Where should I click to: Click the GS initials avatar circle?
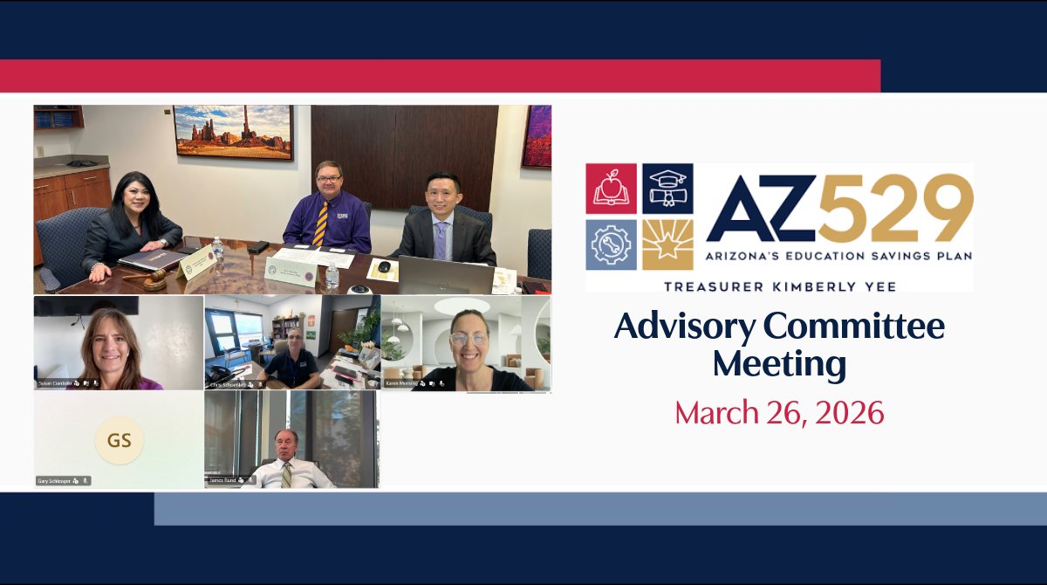tap(120, 440)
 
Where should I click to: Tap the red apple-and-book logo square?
tap(611, 189)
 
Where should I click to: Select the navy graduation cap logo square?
tap(667, 189)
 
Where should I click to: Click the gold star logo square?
tap(667, 244)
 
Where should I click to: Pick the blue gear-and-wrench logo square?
tap(611, 244)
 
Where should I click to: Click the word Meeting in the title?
tap(779, 363)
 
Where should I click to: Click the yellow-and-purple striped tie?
tap(321, 224)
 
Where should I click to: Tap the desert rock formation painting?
tap(233, 131)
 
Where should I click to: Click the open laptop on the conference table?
tap(445, 276)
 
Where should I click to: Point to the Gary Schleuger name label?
tap(54, 480)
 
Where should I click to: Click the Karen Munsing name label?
tap(402, 383)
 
